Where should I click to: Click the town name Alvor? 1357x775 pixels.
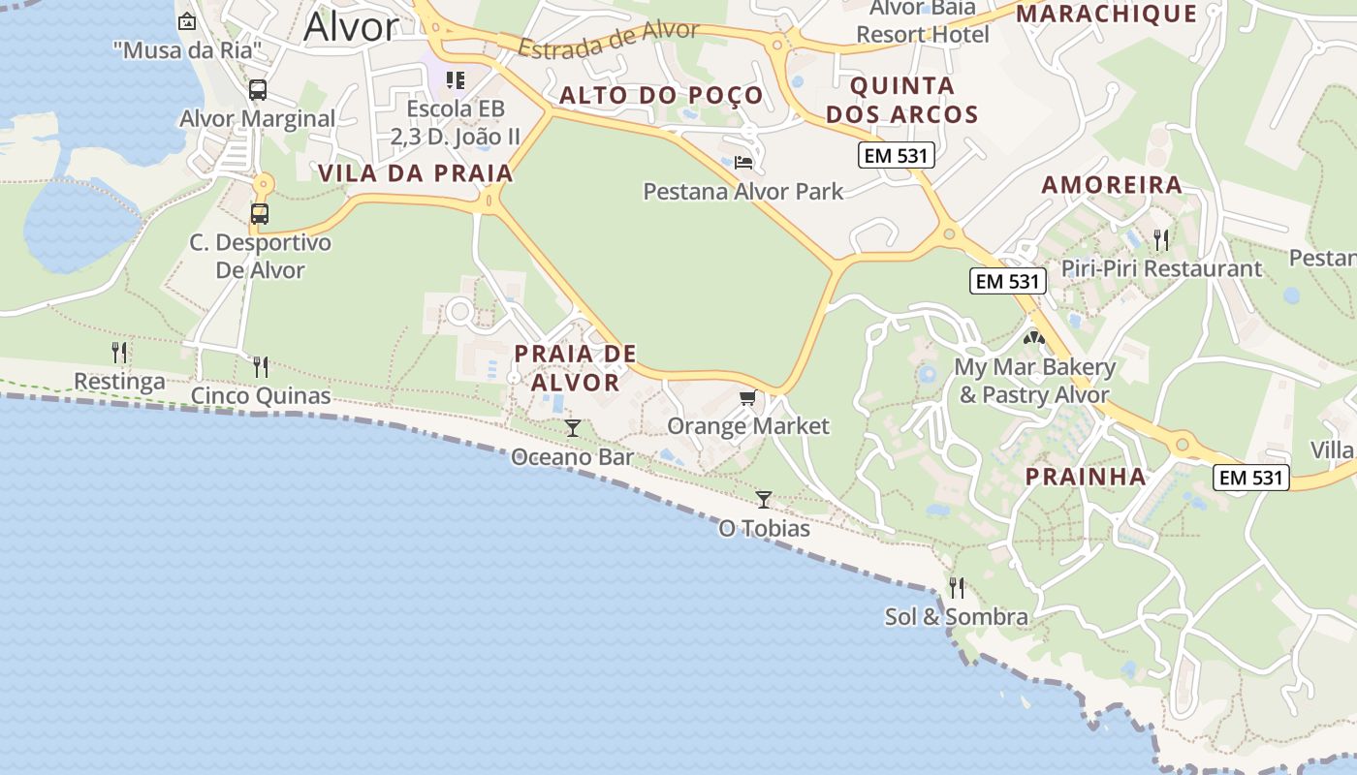tap(351, 27)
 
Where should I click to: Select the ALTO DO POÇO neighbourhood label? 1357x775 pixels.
tap(662, 95)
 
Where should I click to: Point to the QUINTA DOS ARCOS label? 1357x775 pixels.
tap(902, 100)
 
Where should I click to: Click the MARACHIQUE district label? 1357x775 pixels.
tap(1106, 14)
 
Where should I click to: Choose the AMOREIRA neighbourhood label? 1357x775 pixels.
tap(1112, 184)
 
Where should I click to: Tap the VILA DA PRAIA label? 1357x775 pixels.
tap(416, 173)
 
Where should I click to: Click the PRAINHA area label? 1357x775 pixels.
tap(1087, 477)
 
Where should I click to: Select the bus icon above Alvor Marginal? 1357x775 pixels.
tap(258, 90)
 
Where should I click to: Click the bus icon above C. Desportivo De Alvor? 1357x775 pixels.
tap(260, 213)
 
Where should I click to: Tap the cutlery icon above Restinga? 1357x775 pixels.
tap(119, 352)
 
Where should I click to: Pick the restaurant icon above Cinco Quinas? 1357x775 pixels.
tap(261, 366)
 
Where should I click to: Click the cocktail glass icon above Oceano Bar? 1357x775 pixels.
tap(573, 427)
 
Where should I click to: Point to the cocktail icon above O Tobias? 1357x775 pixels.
tap(764, 499)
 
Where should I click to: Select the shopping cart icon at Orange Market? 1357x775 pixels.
tap(747, 397)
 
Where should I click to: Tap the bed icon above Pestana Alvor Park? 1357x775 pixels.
tap(743, 162)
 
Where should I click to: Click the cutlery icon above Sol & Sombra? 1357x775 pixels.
tap(957, 587)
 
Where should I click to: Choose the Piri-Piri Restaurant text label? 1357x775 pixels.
tap(1161, 268)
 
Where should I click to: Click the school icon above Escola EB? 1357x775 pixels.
tap(456, 79)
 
